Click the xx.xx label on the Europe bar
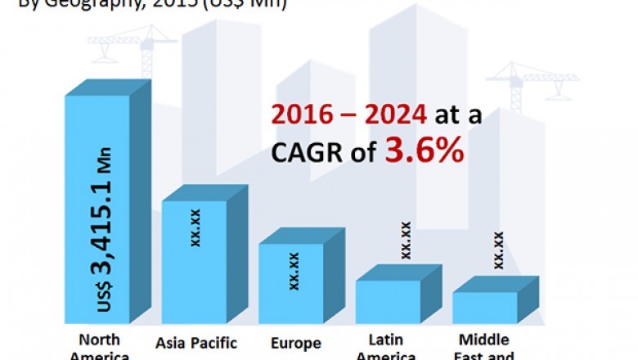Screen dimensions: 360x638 click(294, 271)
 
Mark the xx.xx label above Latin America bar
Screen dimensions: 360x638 click(405, 240)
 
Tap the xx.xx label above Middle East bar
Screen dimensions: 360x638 click(498, 250)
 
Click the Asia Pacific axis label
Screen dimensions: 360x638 click(196, 343)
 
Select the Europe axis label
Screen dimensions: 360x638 click(295, 343)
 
